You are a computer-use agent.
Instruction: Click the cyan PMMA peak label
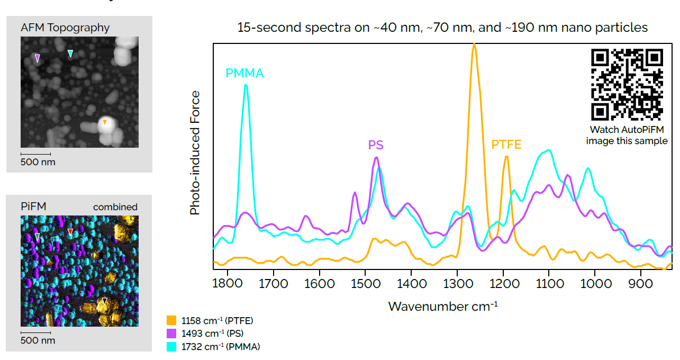[x=244, y=73]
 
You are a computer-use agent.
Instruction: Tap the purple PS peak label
[x=376, y=145]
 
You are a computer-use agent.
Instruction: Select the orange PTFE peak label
[x=506, y=145]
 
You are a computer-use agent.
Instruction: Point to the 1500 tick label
[x=365, y=284]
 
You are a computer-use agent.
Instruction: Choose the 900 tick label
[x=641, y=284]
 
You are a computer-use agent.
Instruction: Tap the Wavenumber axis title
[x=442, y=307]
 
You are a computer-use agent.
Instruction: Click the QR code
[x=627, y=85]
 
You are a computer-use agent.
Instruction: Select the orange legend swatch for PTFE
[x=171, y=320]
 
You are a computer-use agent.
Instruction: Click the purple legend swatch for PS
[x=171, y=334]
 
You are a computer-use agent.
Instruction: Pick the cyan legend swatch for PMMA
[x=171, y=347]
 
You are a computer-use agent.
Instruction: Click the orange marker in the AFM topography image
[x=105, y=122]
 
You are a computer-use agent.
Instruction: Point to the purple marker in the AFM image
[x=37, y=58]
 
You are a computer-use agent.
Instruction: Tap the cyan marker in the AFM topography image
[x=70, y=53]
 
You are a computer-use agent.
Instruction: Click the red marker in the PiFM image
[x=70, y=232]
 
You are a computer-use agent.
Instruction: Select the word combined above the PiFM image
[x=115, y=207]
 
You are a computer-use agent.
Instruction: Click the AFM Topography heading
[x=65, y=28]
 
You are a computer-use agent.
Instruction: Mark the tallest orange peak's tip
[x=474, y=44]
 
